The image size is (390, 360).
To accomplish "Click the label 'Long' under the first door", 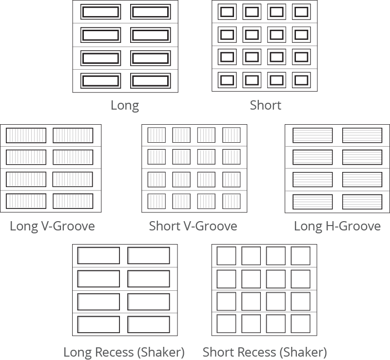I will point(125,105).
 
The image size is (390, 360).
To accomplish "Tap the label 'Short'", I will point(265,105).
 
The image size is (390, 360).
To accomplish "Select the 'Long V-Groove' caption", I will point(52,226).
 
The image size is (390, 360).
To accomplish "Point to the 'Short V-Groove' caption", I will point(193,226).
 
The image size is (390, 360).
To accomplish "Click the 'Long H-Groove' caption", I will point(337,226).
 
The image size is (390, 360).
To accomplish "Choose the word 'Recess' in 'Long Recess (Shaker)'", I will point(115,352).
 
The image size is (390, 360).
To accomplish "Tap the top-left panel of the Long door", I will point(100,12).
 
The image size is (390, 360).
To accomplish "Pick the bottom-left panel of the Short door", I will point(227,80).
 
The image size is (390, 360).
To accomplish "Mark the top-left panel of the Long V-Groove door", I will point(26,135).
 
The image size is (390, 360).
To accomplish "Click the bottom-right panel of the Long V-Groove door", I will point(73,201).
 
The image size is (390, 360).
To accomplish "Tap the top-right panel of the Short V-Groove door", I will point(232,135).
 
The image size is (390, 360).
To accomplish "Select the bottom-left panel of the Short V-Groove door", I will point(156,201).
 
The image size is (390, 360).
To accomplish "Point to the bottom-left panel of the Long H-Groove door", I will point(312,201).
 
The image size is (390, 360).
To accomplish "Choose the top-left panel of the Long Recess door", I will point(99,256).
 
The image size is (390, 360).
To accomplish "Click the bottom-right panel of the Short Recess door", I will point(301,324).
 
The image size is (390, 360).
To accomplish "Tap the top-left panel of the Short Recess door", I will point(226,256).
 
